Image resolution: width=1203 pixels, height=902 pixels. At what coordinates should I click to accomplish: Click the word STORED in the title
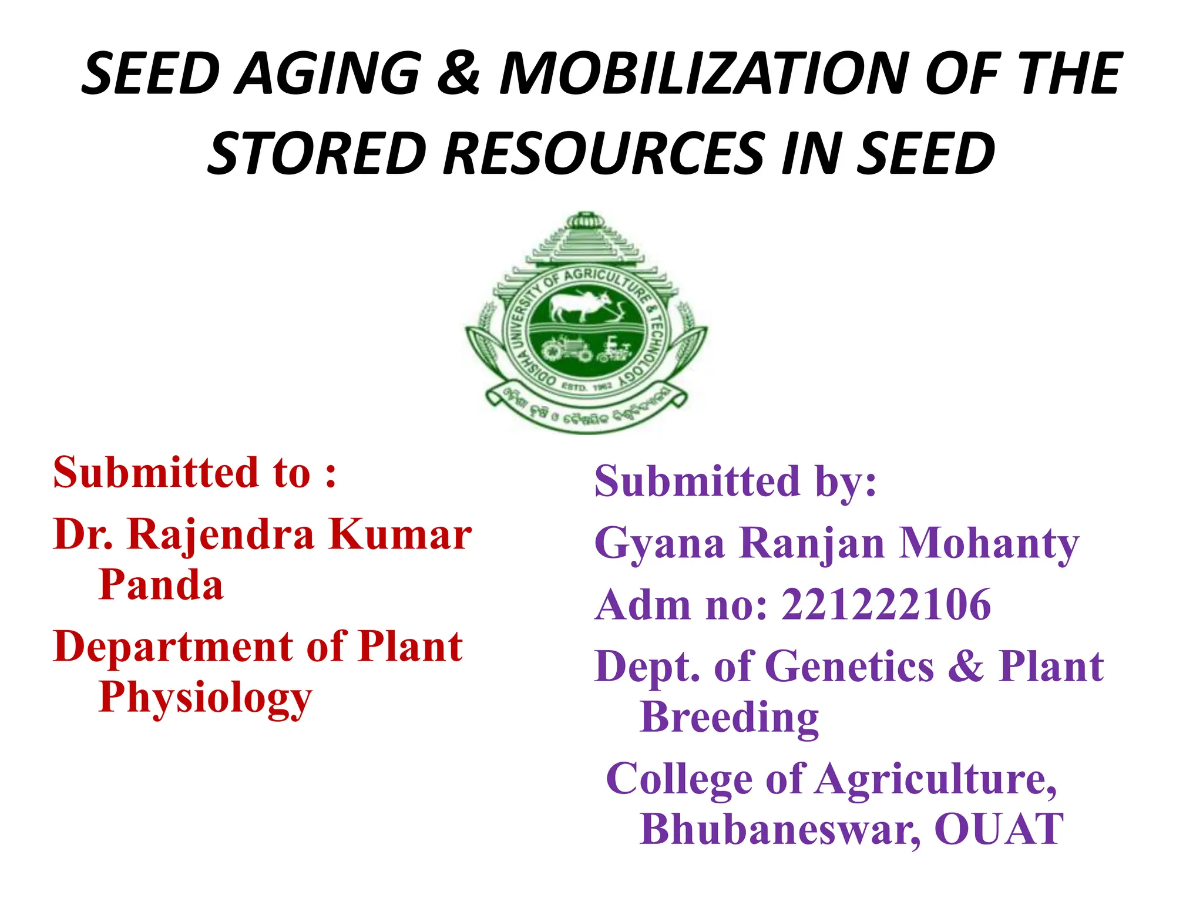coord(317,153)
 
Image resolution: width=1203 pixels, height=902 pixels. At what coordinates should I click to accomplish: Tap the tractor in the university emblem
coord(566,349)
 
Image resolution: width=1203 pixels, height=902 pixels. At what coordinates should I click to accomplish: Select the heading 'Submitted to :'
coord(194,472)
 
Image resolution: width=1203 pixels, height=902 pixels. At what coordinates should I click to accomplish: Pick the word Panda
coord(161,585)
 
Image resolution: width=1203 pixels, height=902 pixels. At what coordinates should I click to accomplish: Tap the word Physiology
coord(205,698)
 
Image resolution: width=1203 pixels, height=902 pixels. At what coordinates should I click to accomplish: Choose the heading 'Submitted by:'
coord(735,481)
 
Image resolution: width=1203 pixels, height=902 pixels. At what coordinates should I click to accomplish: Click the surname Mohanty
coord(989,543)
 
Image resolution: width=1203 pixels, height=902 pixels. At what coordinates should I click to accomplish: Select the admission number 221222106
coord(886,605)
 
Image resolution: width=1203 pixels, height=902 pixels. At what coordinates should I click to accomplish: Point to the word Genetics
coord(850,667)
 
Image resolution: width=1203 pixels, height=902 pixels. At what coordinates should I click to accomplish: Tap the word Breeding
coord(729,718)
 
